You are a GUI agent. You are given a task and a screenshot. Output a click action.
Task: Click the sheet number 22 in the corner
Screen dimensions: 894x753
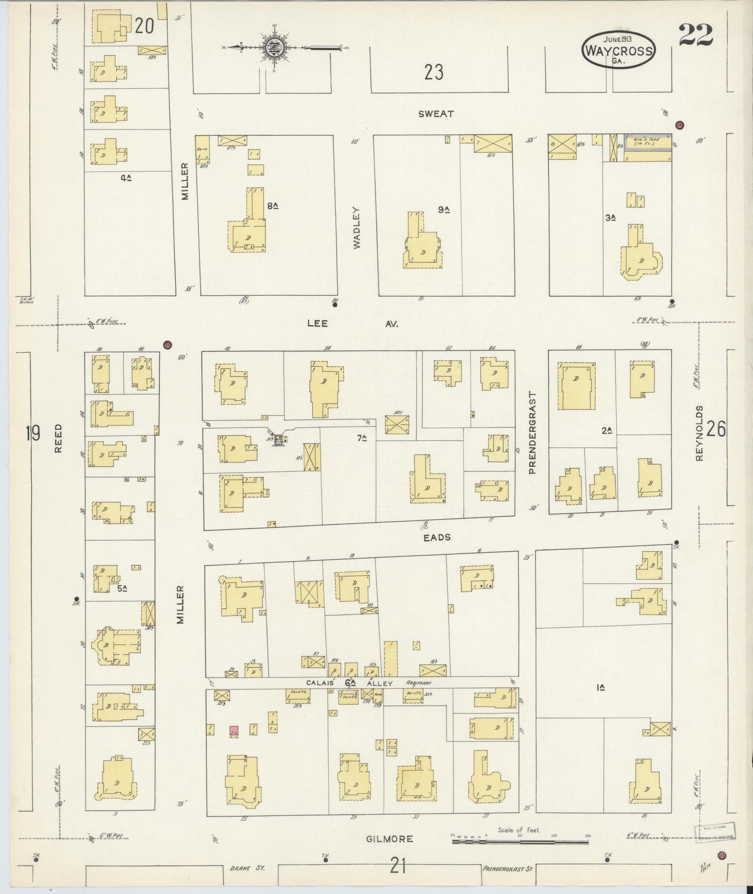point(696,35)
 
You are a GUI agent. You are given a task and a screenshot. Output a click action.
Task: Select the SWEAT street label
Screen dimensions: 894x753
point(436,114)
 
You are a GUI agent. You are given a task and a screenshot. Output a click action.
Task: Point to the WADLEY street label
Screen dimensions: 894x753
point(357,227)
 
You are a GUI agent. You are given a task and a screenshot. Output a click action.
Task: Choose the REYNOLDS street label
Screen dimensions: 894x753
point(699,433)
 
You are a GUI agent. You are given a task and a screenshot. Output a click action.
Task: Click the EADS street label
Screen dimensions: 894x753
point(437,537)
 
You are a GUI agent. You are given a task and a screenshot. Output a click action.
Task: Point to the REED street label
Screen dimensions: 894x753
point(57,438)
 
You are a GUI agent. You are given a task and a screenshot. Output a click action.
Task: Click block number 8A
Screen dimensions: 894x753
point(272,206)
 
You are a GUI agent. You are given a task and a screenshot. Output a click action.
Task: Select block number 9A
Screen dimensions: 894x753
point(443,210)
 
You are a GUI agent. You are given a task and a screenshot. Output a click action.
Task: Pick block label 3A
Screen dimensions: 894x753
point(611,218)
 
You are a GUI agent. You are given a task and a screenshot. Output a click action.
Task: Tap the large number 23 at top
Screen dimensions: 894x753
point(433,72)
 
